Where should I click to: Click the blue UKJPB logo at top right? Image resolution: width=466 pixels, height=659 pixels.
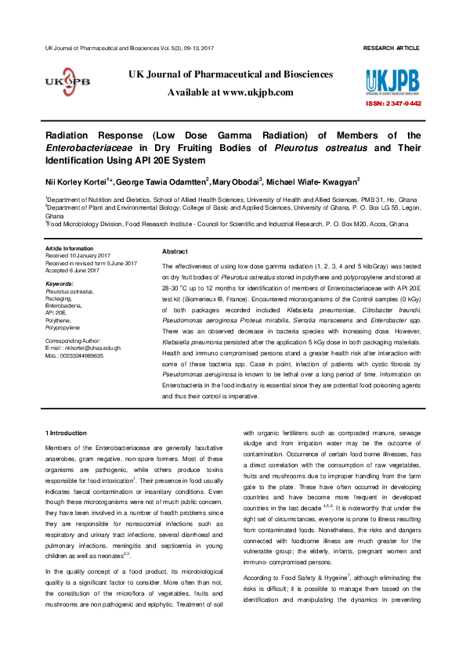click(x=392, y=81)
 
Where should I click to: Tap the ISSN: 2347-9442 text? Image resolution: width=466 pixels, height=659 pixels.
click(x=393, y=103)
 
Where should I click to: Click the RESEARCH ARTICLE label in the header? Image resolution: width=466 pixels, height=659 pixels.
click(x=392, y=49)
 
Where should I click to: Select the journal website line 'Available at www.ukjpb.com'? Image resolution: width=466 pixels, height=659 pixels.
click(x=230, y=92)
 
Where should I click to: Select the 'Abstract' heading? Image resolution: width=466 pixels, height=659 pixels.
click(x=174, y=251)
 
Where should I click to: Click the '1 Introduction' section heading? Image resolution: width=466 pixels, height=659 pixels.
click(x=67, y=433)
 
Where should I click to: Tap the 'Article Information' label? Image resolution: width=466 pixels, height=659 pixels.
click(x=70, y=249)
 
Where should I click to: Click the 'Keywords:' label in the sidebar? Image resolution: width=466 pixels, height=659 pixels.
click(x=60, y=283)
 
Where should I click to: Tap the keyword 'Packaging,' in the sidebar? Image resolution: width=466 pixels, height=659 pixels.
click(x=60, y=298)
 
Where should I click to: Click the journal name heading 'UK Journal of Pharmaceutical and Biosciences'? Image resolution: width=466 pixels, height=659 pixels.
click(x=230, y=74)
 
